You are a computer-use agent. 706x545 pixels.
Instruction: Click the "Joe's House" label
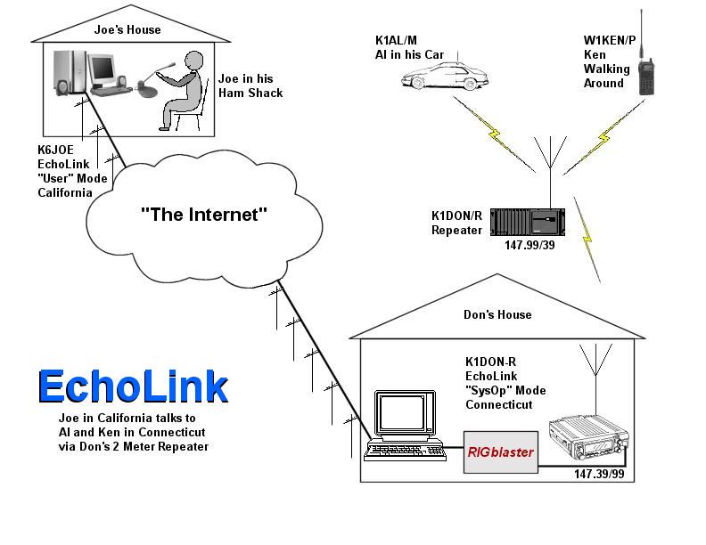(127, 29)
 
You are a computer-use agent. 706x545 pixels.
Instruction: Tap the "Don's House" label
(497, 314)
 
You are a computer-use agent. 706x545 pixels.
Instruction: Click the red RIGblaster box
(500, 451)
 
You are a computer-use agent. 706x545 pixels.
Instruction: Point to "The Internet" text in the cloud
(204, 214)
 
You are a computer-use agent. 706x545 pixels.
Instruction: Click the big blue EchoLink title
(133, 386)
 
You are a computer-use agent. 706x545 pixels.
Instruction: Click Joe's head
(194, 62)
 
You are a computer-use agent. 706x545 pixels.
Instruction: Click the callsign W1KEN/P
(610, 40)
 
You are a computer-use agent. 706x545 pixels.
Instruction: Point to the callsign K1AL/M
(398, 40)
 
